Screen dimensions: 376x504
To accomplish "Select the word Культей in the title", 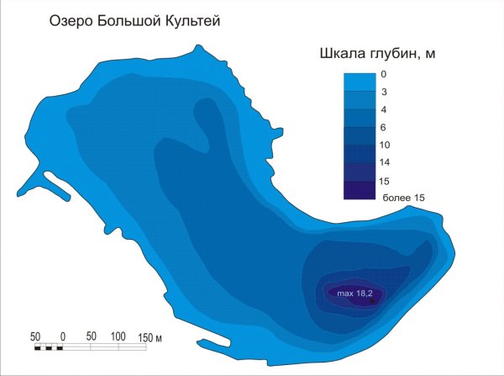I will point(191,20).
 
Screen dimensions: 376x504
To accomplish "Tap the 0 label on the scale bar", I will point(64,336).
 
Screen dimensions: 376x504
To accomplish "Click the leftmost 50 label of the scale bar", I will point(35,336).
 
